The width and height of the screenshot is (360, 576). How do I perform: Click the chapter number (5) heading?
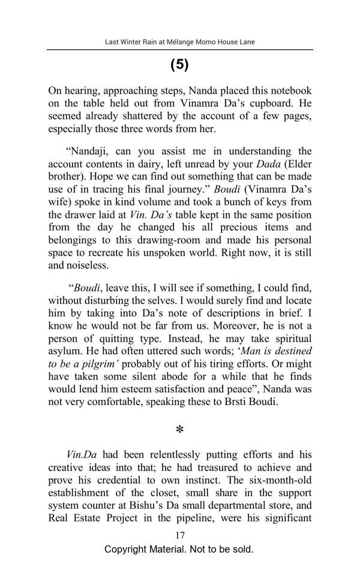(179, 65)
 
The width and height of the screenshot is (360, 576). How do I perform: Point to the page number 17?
(179, 535)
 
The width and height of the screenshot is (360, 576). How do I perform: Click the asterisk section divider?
(179, 430)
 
